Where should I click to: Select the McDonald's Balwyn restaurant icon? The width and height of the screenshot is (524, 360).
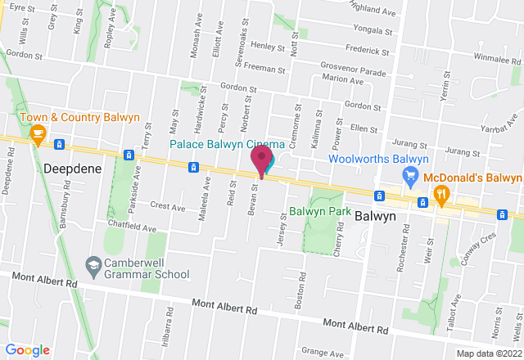click(x=442, y=194)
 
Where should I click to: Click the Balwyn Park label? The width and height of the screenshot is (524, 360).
click(x=316, y=209)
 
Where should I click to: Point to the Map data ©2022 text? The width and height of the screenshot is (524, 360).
click(x=488, y=353)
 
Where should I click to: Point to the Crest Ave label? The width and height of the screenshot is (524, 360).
click(x=168, y=208)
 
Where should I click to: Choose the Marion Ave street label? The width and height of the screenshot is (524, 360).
click(x=341, y=79)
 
